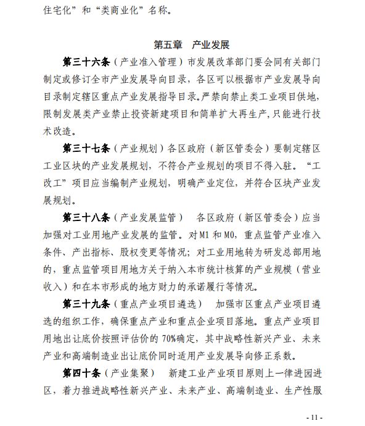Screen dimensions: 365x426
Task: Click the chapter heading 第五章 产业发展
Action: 191,45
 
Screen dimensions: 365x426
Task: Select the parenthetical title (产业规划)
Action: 139,149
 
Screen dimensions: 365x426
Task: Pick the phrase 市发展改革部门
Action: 221,63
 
